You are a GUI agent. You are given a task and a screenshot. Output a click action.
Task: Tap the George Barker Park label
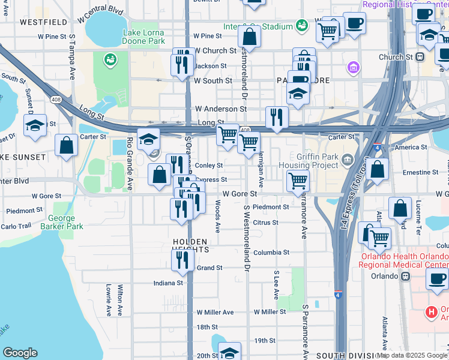[62, 223]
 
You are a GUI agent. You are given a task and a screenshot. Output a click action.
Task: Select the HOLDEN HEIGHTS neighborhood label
[190, 245]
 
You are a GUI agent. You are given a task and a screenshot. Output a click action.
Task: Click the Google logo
[20, 353]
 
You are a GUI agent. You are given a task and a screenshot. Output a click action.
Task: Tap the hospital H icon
[430, 311]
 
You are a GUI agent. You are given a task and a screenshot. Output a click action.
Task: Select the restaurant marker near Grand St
[182, 259]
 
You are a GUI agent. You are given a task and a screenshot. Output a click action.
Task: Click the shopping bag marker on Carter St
[66, 145]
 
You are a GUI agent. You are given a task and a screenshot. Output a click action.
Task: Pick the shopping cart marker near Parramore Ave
[298, 180]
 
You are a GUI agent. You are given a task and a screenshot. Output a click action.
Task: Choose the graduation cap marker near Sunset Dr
[35, 125]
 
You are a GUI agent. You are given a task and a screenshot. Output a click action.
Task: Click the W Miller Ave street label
[215, 312]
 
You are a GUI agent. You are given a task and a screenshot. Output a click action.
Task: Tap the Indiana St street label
[167, 283]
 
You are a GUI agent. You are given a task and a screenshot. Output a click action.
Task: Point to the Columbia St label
[271, 253]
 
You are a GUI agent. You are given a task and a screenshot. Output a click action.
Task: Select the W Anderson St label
[220, 109]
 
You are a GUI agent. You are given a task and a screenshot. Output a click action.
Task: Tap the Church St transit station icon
[420, 58]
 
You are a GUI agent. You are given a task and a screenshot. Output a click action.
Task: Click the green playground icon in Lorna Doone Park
[110, 59]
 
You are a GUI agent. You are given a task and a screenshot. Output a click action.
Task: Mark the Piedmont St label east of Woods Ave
[271, 207]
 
